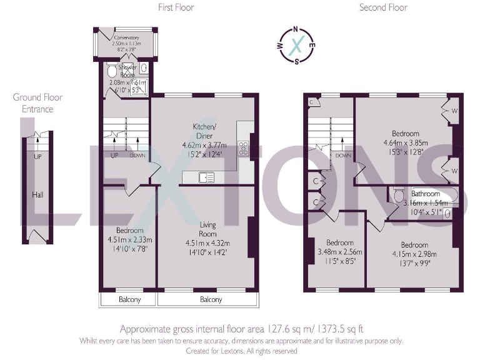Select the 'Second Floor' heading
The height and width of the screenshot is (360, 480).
[383, 7]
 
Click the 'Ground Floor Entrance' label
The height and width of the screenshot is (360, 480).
[37, 103]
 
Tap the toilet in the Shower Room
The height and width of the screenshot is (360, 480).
[112, 69]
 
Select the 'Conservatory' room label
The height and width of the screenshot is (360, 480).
[126, 37]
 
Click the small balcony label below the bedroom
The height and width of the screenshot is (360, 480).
[130, 300]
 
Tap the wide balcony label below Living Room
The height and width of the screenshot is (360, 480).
[210, 300]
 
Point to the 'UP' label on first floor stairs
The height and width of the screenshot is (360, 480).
[115, 156]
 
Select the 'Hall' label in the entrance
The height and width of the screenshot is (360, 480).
[37, 196]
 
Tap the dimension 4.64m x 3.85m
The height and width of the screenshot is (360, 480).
[406, 142]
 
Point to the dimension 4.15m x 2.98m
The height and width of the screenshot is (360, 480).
[414, 254]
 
